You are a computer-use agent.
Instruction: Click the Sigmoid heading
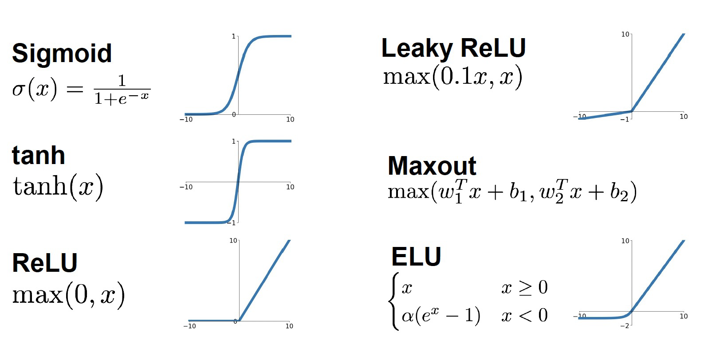click(x=62, y=53)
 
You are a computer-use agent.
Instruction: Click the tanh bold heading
click(x=39, y=155)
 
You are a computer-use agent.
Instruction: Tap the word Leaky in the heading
click(x=416, y=48)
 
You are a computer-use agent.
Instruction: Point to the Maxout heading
click(x=432, y=166)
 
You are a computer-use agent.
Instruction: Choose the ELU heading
click(x=416, y=256)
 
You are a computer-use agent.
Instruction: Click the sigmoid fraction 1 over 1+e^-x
click(x=122, y=90)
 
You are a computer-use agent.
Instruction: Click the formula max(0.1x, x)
click(x=452, y=77)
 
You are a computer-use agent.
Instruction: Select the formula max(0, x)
click(x=68, y=294)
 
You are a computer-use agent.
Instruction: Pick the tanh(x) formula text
click(x=58, y=186)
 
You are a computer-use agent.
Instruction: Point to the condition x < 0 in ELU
click(x=524, y=316)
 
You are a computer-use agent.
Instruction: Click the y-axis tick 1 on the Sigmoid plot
click(x=234, y=36)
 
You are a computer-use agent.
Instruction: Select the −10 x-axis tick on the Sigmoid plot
click(x=186, y=120)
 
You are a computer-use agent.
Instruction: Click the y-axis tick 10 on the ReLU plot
click(x=233, y=241)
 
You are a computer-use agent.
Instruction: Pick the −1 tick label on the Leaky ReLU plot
click(x=625, y=120)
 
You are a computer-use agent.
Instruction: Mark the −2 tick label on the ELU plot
click(x=625, y=326)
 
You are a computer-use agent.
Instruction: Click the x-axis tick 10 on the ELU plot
click(x=684, y=316)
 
